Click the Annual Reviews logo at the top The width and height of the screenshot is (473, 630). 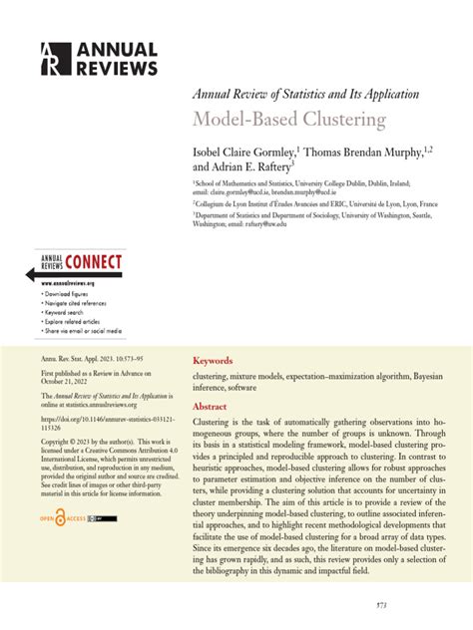(x=99, y=59)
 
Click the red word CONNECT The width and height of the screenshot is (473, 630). (x=95, y=263)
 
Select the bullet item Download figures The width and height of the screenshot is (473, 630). (x=68, y=295)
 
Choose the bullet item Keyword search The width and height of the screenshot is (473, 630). (x=66, y=313)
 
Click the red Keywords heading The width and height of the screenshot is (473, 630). (x=213, y=361)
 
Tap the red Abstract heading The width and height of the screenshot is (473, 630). (x=210, y=407)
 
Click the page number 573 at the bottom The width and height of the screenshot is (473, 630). (x=436, y=605)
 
